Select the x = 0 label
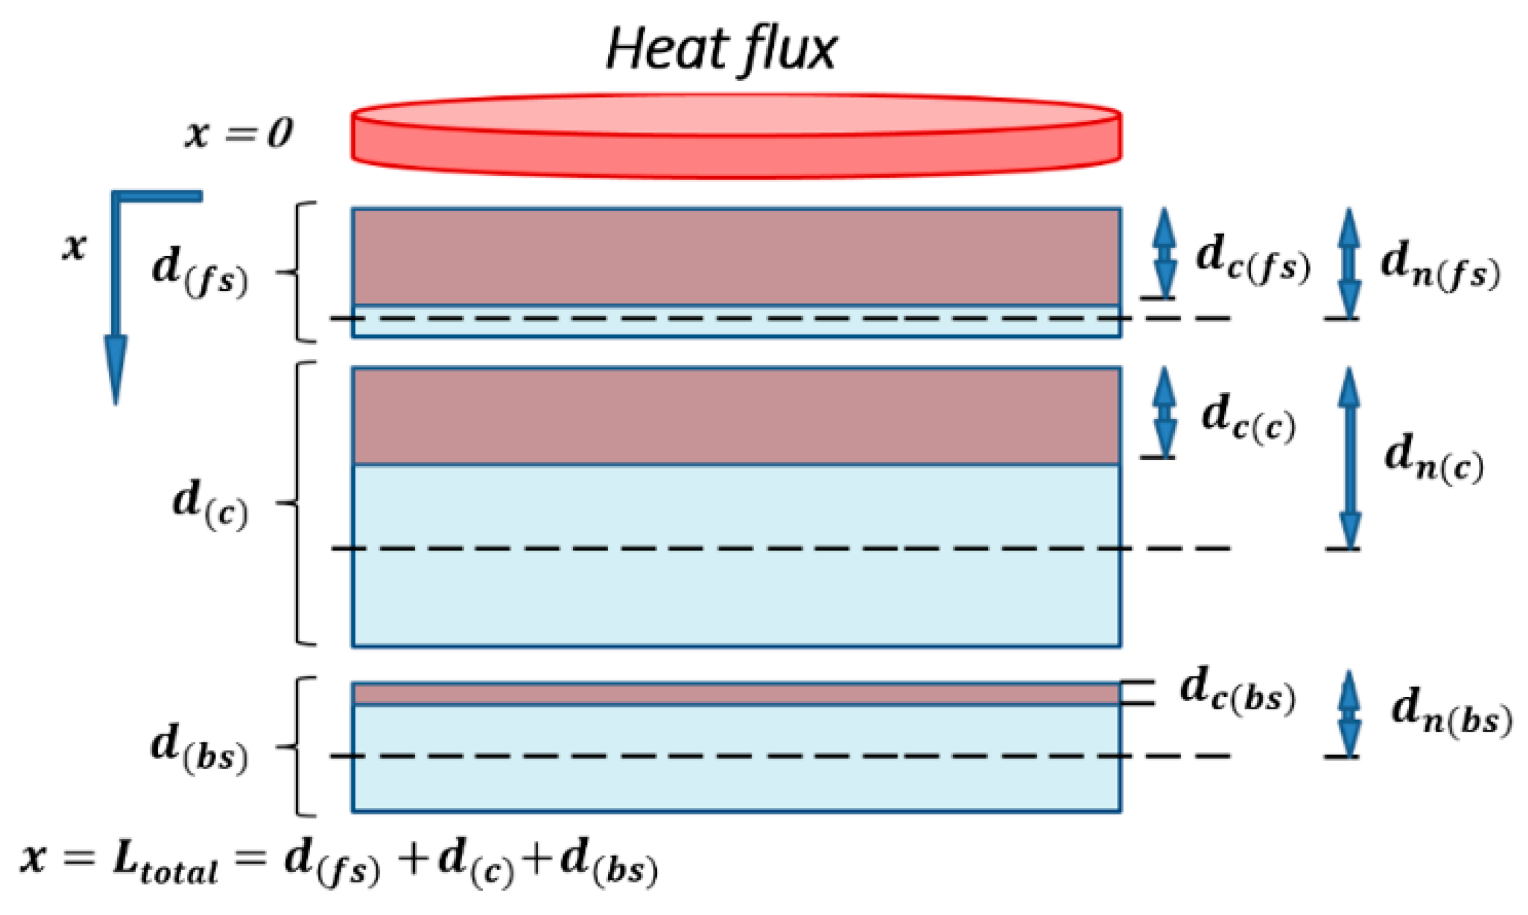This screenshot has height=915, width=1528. (238, 133)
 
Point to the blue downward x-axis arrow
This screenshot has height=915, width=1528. (116, 299)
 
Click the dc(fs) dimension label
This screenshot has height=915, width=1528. (1253, 258)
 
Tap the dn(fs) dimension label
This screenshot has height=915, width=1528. (1440, 265)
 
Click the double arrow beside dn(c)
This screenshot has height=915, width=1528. (1349, 457)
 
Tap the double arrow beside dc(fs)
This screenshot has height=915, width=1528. (1164, 252)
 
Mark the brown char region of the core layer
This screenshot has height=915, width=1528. (736, 416)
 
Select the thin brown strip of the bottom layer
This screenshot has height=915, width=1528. (736, 694)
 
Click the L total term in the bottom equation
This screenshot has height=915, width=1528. (164, 861)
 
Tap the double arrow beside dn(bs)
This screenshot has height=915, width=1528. (1349, 714)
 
